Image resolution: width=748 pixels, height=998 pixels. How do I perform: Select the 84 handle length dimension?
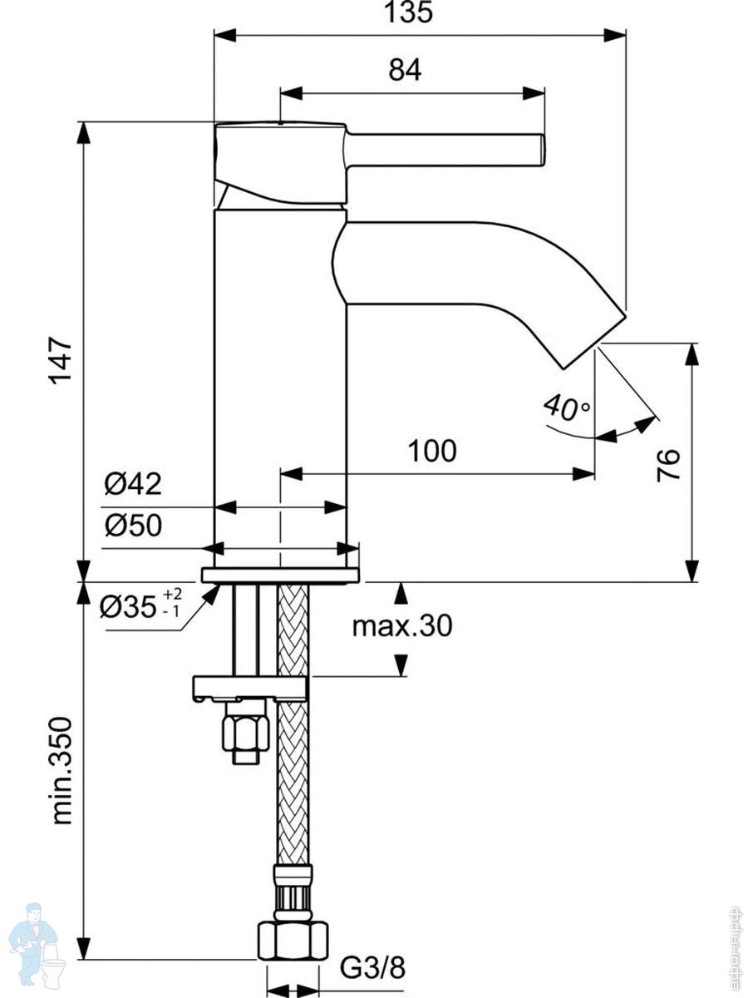click(x=405, y=72)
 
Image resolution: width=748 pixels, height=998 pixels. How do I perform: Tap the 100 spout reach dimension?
click(x=431, y=451)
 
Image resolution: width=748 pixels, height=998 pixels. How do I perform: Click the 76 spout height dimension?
click(x=669, y=463)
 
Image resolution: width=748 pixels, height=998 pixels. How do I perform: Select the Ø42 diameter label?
click(x=133, y=483)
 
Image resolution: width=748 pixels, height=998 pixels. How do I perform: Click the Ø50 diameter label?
click(x=133, y=526)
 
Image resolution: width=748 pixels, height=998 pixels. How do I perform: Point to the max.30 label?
click(x=402, y=625)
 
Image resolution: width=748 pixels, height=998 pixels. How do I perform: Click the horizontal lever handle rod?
click(x=445, y=150)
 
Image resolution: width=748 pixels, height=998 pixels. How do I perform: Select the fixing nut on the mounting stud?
click(x=245, y=732)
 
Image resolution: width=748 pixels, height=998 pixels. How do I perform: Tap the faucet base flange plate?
click(x=280, y=575)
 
